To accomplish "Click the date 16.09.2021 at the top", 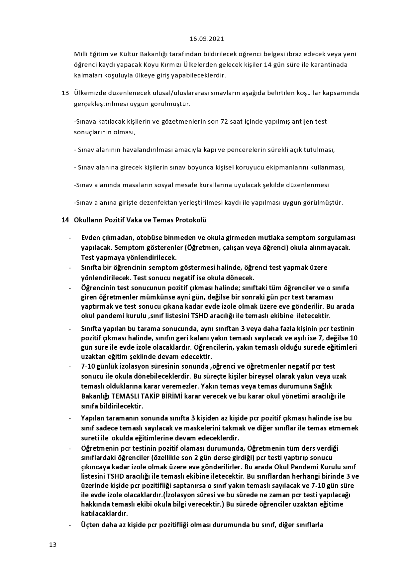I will (x=207, y=39).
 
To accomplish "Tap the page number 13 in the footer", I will (x=53, y=544).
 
